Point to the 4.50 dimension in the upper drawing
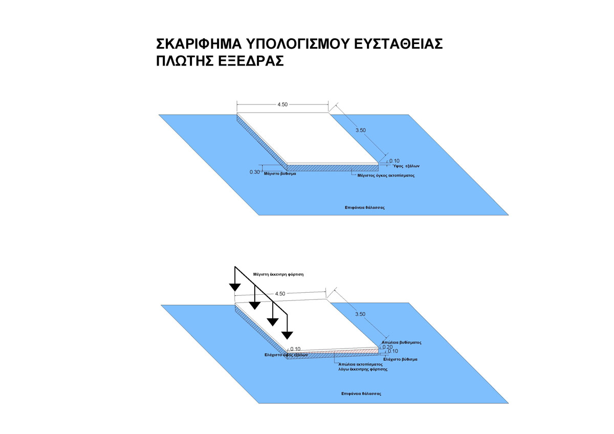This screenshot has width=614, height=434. (x=282, y=104)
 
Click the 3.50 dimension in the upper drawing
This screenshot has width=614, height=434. (x=360, y=131)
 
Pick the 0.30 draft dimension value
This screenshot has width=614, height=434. (x=254, y=172)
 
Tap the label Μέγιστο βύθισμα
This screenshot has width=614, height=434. (x=280, y=174)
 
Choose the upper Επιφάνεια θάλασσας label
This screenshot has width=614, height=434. (x=364, y=208)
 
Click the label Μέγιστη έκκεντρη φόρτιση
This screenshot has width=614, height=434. (x=275, y=274)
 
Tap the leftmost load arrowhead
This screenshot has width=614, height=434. (x=235, y=287)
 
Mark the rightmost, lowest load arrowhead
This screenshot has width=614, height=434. (x=288, y=335)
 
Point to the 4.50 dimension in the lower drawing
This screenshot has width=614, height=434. (x=280, y=294)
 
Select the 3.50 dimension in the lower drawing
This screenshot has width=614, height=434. (x=360, y=314)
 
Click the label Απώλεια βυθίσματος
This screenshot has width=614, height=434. (x=401, y=342)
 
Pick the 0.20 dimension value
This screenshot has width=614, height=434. (x=387, y=347)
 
